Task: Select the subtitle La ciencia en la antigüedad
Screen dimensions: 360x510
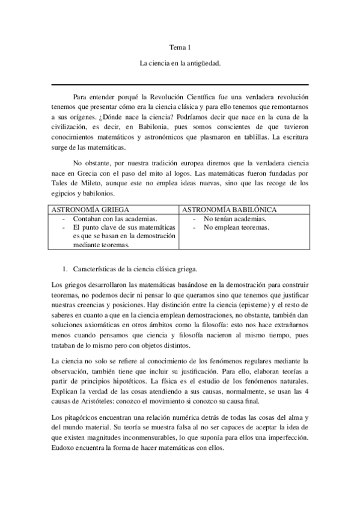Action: click(180, 63)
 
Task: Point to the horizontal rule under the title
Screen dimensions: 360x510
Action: click(180, 85)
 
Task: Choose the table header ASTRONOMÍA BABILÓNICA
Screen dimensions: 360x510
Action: click(229, 210)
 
